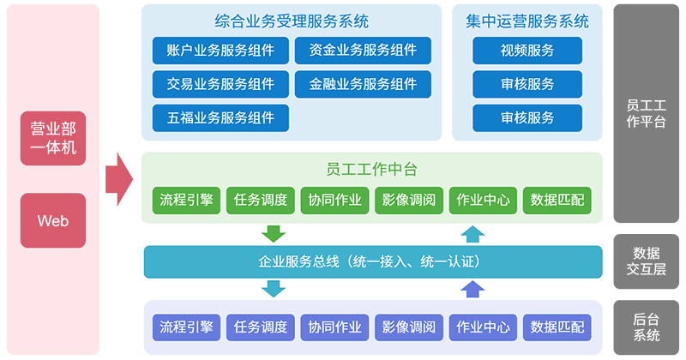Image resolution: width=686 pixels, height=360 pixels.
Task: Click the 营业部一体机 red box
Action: click(53, 138)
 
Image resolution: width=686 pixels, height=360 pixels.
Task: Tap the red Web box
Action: click(53, 220)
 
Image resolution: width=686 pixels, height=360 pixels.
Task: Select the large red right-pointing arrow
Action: click(119, 179)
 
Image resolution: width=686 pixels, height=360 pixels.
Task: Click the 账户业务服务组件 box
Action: click(220, 51)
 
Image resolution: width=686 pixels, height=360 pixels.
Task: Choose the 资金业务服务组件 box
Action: click(363, 51)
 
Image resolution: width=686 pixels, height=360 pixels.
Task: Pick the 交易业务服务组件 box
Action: click(220, 84)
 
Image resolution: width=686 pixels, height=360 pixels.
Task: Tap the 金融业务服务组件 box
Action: click(363, 84)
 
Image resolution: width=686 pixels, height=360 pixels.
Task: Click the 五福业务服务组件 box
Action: click(220, 117)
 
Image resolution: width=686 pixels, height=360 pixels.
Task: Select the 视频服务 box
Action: click(527, 51)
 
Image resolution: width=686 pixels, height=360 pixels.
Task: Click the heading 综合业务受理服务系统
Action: click(292, 21)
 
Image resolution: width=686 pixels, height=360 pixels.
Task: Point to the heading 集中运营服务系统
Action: click(527, 21)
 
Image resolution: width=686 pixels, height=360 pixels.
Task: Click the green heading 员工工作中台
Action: click(371, 169)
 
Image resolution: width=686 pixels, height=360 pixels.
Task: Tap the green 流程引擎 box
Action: click(186, 201)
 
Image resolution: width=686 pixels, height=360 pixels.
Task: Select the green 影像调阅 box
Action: click(409, 201)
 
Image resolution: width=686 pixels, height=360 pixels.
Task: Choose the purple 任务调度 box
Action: click(261, 327)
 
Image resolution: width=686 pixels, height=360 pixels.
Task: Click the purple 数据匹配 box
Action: click(557, 327)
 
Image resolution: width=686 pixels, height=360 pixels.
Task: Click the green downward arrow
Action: click(274, 234)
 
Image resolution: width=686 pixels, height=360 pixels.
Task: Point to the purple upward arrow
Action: click(472, 289)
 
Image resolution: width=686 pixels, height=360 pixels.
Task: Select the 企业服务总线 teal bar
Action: click(373, 262)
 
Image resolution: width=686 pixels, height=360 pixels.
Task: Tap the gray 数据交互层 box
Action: click(647, 261)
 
